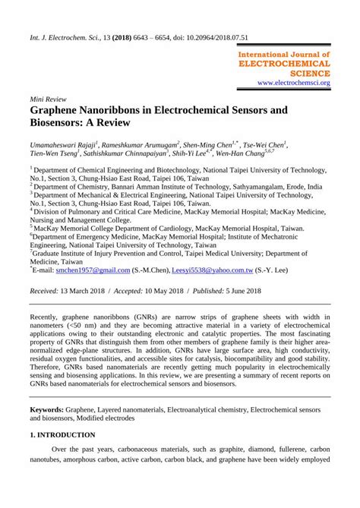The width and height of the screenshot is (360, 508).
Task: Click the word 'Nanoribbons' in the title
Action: click(113, 110)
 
